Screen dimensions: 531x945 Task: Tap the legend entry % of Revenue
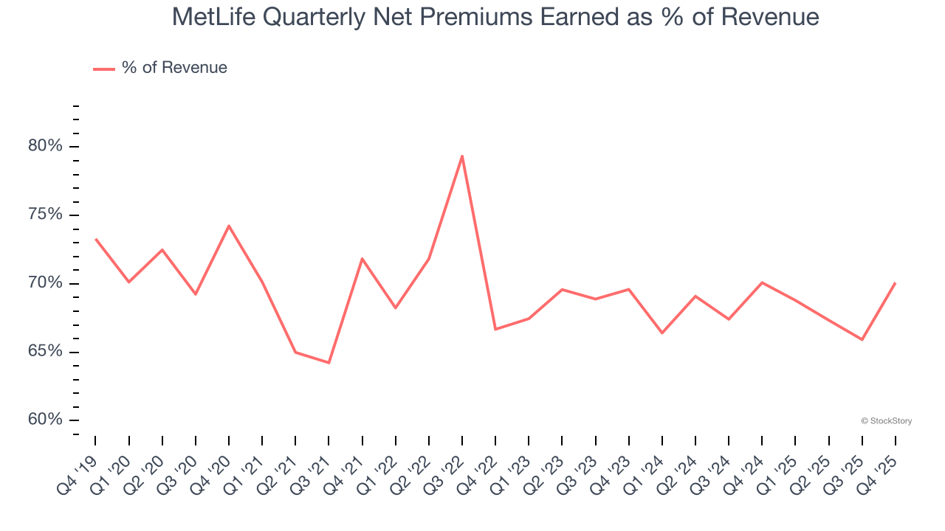[174, 68]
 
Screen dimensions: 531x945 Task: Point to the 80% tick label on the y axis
[45, 146]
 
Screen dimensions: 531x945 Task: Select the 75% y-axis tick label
[45, 215]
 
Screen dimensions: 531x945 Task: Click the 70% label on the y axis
[45, 283]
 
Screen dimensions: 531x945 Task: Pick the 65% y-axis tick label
[45, 352]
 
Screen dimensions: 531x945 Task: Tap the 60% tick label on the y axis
[45, 420]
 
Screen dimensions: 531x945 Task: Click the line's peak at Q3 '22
[462, 156]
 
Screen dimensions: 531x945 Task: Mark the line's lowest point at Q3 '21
[329, 363]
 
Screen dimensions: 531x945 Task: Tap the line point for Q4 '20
[229, 226]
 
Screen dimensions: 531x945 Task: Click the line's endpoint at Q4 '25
[895, 283]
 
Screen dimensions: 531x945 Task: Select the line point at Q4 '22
[495, 329]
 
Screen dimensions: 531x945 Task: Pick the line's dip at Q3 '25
[862, 339]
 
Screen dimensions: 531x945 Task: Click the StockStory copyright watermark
[886, 421]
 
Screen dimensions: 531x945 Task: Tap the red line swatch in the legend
[103, 69]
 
